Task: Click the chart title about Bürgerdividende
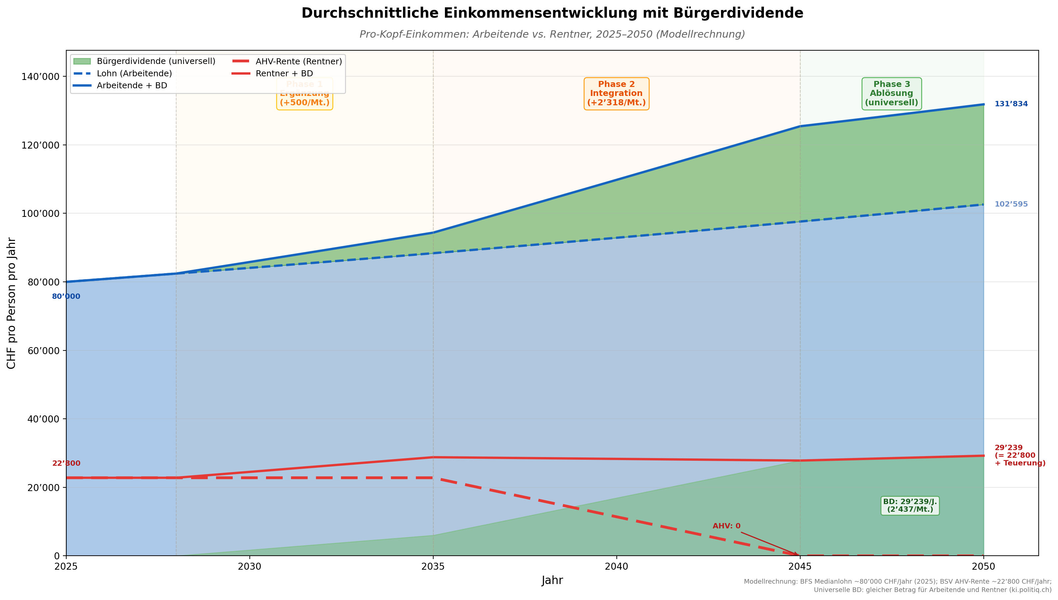[552, 13]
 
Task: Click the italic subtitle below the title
[552, 34]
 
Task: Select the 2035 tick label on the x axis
[433, 567]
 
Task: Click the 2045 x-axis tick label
[800, 567]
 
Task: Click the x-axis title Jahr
[552, 581]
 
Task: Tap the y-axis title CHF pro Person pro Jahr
[12, 303]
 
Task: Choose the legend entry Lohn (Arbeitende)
[134, 73]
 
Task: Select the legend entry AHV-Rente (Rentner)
[299, 61]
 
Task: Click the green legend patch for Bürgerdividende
[82, 61]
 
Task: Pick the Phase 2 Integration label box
[616, 94]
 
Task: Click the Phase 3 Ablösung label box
[891, 94]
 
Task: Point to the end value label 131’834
[1011, 104]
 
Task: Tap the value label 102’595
[1011, 205]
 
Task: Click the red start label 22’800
[66, 464]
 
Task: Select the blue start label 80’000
[66, 297]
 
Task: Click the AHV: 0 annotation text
[726, 526]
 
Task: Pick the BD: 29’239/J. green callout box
[910, 506]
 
